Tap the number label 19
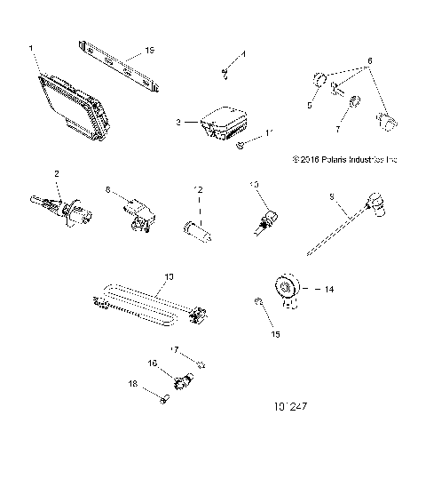[150, 51]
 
